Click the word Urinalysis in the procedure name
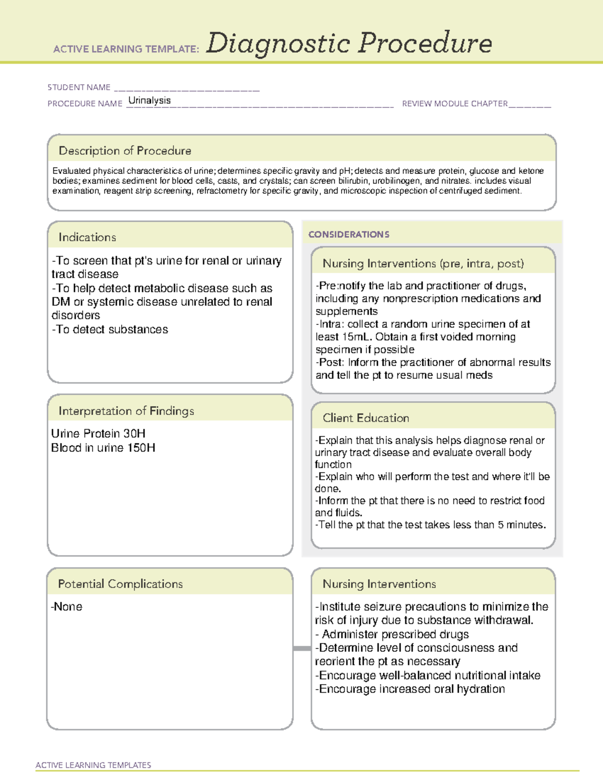pyautogui.click(x=149, y=100)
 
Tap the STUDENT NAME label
pyautogui.click(x=79, y=87)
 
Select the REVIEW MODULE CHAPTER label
pyautogui.click(x=455, y=104)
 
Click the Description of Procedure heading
pyautogui.click(x=125, y=151)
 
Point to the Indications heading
pyautogui.click(x=87, y=237)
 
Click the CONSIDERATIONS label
pyautogui.click(x=349, y=235)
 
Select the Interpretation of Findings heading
pyautogui.click(x=126, y=411)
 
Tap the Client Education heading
pyautogui.click(x=366, y=418)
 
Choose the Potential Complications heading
pyautogui.click(x=120, y=584)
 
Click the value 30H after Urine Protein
pyautogui.click(x=134, y=433)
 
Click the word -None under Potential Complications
pyautogui.click(x=66, y=607)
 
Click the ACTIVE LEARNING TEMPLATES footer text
pyautogui.click(x=93, y=765)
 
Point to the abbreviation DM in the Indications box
pyautogui.click(x=60, y=302)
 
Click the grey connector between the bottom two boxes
pyautogui.click(x=302, y=648)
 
